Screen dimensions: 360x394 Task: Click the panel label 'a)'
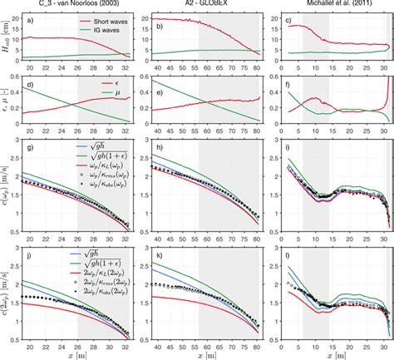click(30, 21)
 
